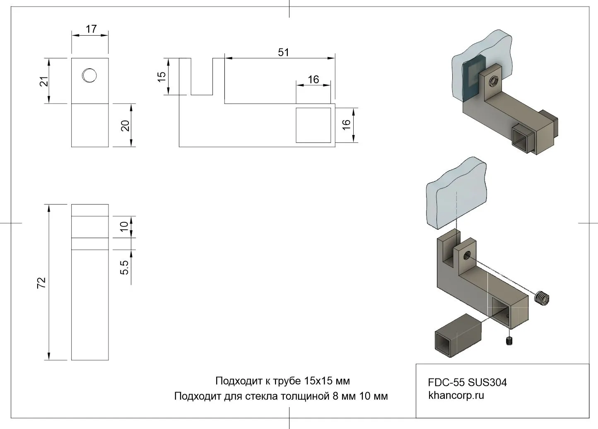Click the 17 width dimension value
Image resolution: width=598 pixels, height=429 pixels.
91,29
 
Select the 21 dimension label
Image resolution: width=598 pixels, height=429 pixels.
44,81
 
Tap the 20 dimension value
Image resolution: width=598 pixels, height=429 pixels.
125,125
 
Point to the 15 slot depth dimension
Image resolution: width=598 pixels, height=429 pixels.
162,77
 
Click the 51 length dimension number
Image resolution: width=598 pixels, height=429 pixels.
283,52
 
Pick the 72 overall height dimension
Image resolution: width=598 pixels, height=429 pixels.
41,283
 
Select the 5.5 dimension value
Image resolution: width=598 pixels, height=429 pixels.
124,268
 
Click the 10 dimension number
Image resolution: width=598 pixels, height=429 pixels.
124,227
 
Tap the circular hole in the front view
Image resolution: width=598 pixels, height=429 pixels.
89,75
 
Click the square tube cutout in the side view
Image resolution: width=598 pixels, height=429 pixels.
313,125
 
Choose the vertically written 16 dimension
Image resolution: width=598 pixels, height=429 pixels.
346,124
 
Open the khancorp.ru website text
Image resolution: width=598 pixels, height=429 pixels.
456,395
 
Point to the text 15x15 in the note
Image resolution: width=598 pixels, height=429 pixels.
316,381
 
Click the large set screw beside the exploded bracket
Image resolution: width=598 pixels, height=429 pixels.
542,297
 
